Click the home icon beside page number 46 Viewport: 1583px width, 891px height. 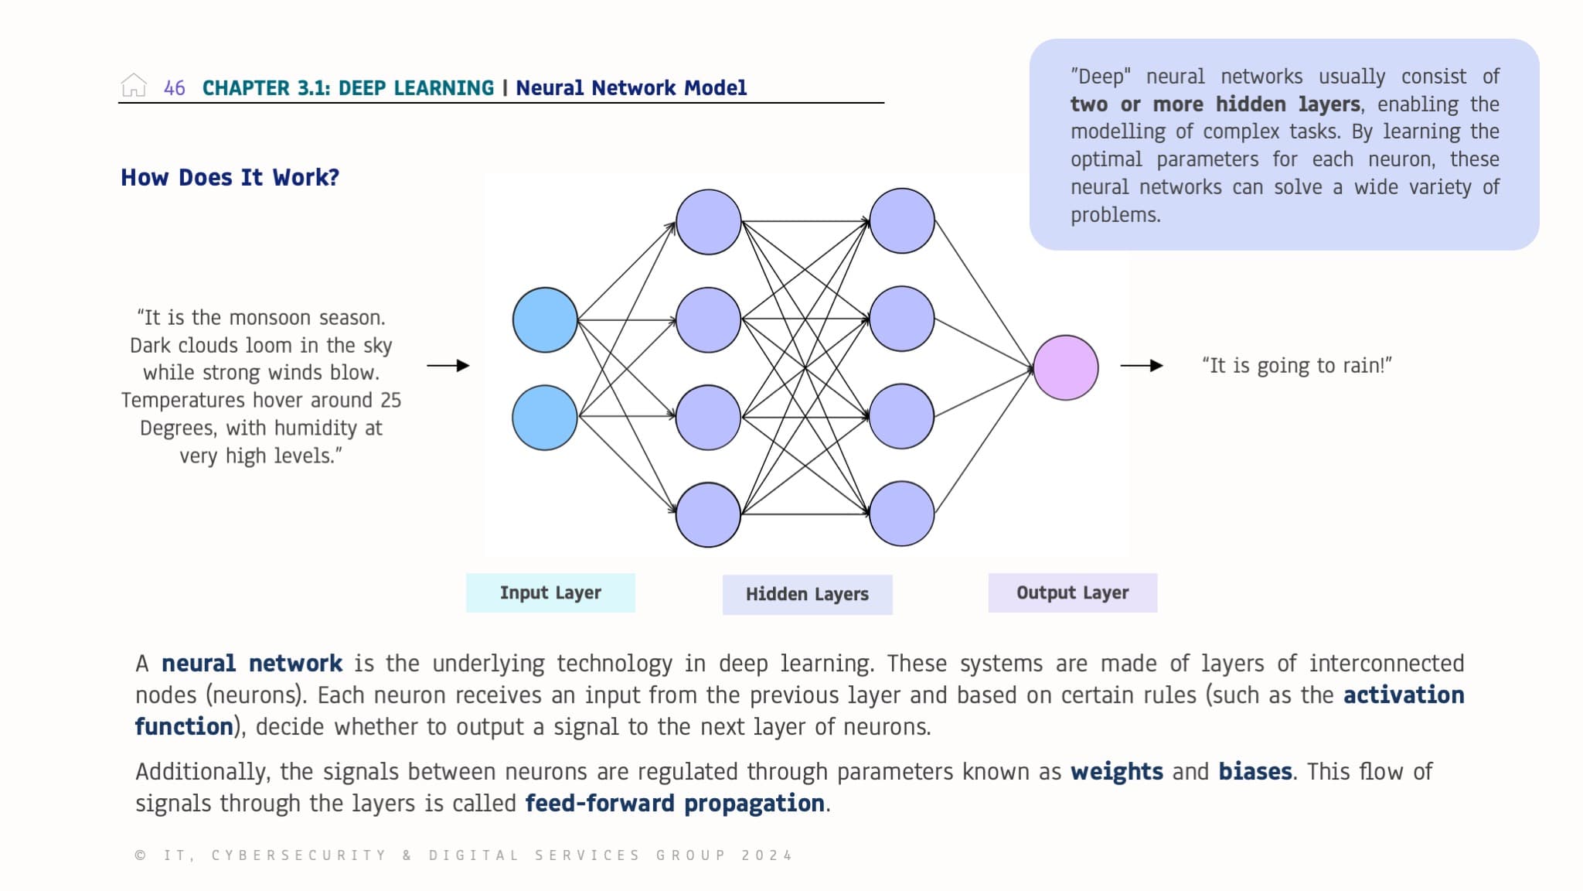coord(134,86)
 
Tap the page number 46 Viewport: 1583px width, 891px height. coord(175,88)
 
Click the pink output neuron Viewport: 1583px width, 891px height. coord(1066,367)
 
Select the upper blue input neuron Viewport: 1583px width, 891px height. coord(545,320)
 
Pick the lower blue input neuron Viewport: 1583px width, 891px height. coord(545,418)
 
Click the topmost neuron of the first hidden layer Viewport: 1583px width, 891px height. coord(708,222)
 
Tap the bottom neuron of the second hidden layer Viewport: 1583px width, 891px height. coord(901,514)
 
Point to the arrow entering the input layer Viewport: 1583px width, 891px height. coord(448,366)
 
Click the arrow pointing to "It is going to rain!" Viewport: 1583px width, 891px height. coord(1142,366)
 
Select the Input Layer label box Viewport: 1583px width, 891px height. coord(550,593)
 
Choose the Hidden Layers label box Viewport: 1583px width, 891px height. coord(807,595)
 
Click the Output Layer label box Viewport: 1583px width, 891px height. coord(1072,593)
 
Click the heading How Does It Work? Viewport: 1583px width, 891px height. coord(230,178)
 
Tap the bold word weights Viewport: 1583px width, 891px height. coord(1116,772)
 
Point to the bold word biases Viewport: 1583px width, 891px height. coord(1254,772)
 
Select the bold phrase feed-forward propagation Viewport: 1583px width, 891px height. coord(674,804)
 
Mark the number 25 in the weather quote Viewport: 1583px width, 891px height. coord(390,401)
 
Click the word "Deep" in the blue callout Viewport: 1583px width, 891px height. coord(1101,77)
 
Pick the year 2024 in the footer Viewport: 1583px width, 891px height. coord(767,855)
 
